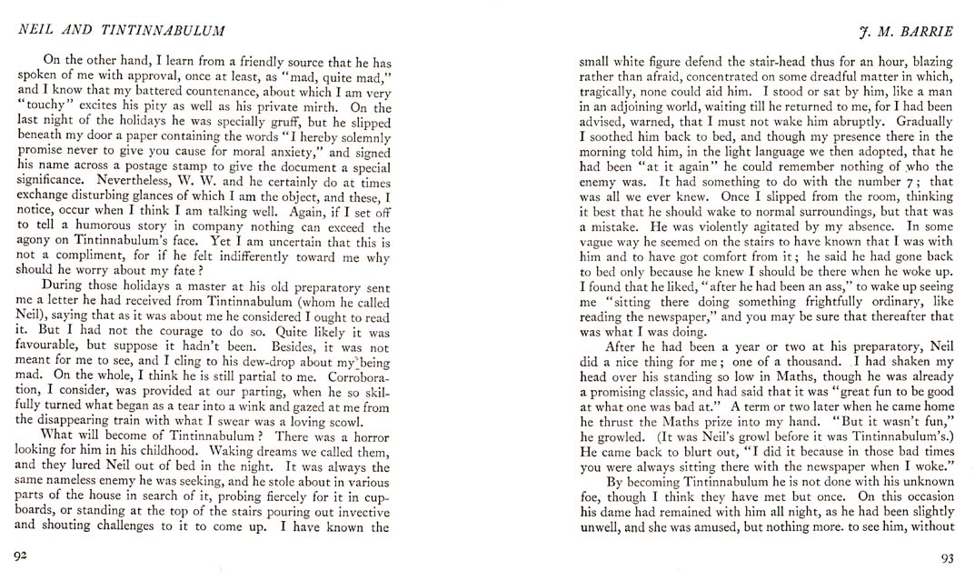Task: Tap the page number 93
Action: [x=945, y=556]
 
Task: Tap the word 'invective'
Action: [x=356, y=509]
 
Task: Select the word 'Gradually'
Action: [x=921, y=121]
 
